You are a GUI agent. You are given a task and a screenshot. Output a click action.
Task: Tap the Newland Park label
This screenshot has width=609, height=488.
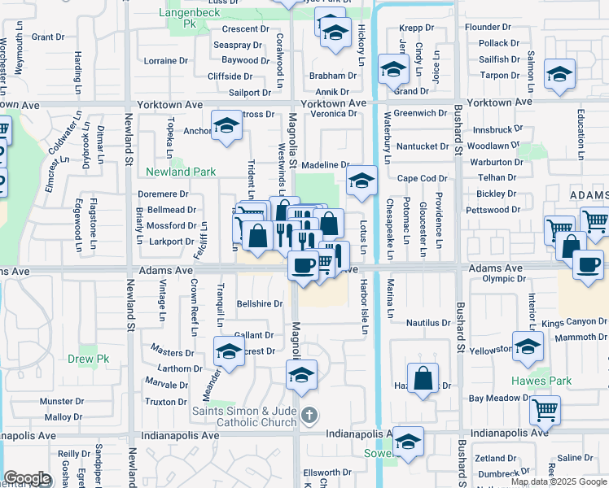[x=181, y=172]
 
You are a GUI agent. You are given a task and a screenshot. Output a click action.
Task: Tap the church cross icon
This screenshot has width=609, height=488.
[x=308, y=416]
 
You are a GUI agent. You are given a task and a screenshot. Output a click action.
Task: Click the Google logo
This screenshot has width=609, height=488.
[x=27, y=478]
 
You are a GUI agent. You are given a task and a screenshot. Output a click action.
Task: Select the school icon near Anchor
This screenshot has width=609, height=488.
[x=226, y=125]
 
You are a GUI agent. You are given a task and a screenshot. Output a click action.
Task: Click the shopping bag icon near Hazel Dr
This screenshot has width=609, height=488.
[x=423, y=378]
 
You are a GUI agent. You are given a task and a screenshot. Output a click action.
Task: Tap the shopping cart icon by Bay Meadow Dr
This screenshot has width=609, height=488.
[x=545, y=410]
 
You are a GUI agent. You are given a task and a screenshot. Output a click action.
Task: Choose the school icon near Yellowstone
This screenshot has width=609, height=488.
[x=528, y=346]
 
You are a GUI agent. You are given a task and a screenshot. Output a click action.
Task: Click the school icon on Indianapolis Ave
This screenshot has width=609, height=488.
[x=408, y=442]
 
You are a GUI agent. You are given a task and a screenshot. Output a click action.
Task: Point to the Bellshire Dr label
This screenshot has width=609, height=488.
[x=259, y=303]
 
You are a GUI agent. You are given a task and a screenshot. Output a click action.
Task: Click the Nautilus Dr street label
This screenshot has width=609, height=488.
[x=428, y=323]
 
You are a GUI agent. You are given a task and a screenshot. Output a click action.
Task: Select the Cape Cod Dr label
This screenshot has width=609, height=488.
[x=423, y=179]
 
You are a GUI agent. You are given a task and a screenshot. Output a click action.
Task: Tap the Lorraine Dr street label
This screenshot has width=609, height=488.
[x=165, y=61]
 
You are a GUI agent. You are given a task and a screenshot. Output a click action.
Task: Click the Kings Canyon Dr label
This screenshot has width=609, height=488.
[x=575, y=323]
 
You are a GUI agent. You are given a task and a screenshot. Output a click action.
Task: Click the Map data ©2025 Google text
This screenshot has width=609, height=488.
[x=559, y=481]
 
